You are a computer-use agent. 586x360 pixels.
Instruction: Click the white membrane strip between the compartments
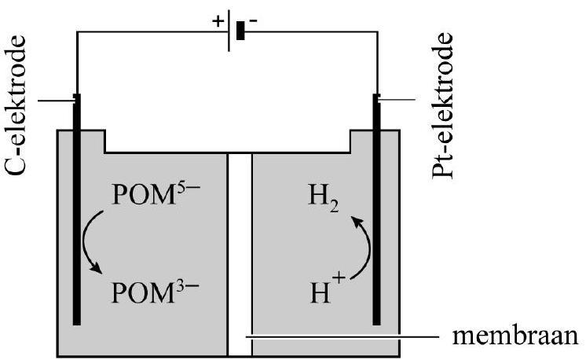(239, 252)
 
